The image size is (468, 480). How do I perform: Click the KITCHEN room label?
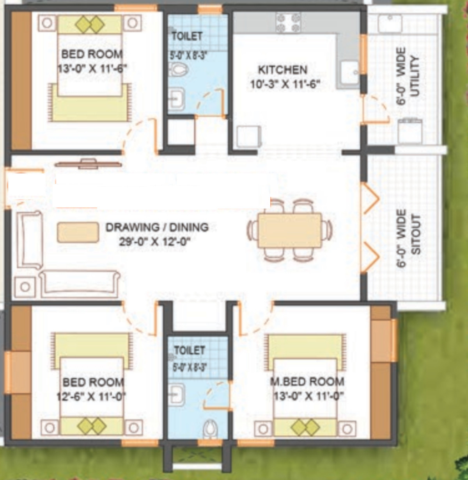[283, 70]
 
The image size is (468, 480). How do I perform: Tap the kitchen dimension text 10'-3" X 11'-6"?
[285, 84]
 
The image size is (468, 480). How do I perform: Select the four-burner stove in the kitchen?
[288, 23]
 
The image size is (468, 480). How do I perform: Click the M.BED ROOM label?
[307, 382]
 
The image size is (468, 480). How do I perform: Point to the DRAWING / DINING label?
[157, 227]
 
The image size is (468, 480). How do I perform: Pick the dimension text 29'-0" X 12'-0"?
[155, 241]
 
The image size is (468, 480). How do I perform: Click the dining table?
[290, 230]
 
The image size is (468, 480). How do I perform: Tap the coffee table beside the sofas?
[78, 232]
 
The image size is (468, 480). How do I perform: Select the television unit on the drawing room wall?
[88, 164]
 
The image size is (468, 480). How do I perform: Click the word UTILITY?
[414, 77]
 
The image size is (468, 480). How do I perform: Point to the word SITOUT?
[416, 234]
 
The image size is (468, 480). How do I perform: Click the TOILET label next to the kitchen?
[187, 36]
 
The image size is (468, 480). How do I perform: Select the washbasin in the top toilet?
[176, 99]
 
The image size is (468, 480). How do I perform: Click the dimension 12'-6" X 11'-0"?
[91, 397]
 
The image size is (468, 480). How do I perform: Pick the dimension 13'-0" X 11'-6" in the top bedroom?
[92, 68]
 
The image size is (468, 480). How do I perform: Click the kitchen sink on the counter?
[350, 72]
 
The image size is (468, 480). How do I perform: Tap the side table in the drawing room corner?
[25, 287]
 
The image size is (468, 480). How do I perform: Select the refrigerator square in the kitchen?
[249, 137]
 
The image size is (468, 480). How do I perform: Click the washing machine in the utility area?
[410, 131]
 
